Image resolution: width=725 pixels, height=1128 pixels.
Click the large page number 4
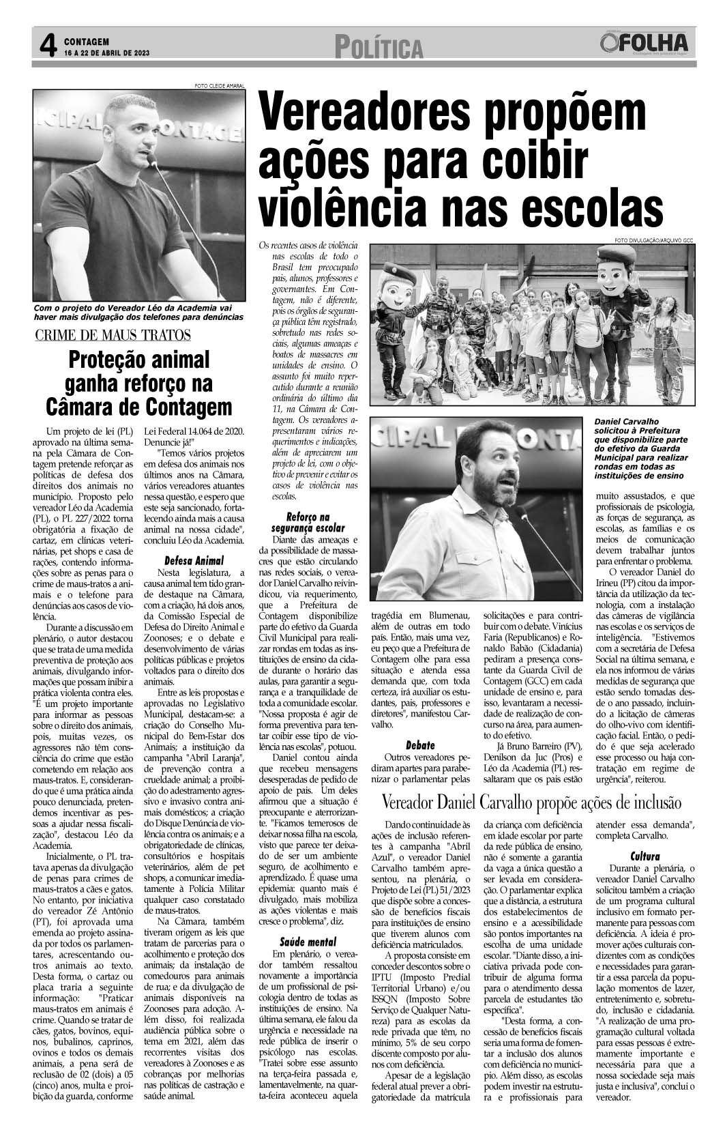point(47,46)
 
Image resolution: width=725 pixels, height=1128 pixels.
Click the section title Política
point(379,48)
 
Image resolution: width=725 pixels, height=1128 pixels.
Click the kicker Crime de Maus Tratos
point(113,334)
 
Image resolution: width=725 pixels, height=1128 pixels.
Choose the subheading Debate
point(420,745)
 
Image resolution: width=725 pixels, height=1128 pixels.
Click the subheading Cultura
point(644,856)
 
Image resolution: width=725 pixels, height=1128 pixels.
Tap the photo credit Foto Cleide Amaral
point(219,86)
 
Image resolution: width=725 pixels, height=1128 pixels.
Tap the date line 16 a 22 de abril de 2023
point(106,53)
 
